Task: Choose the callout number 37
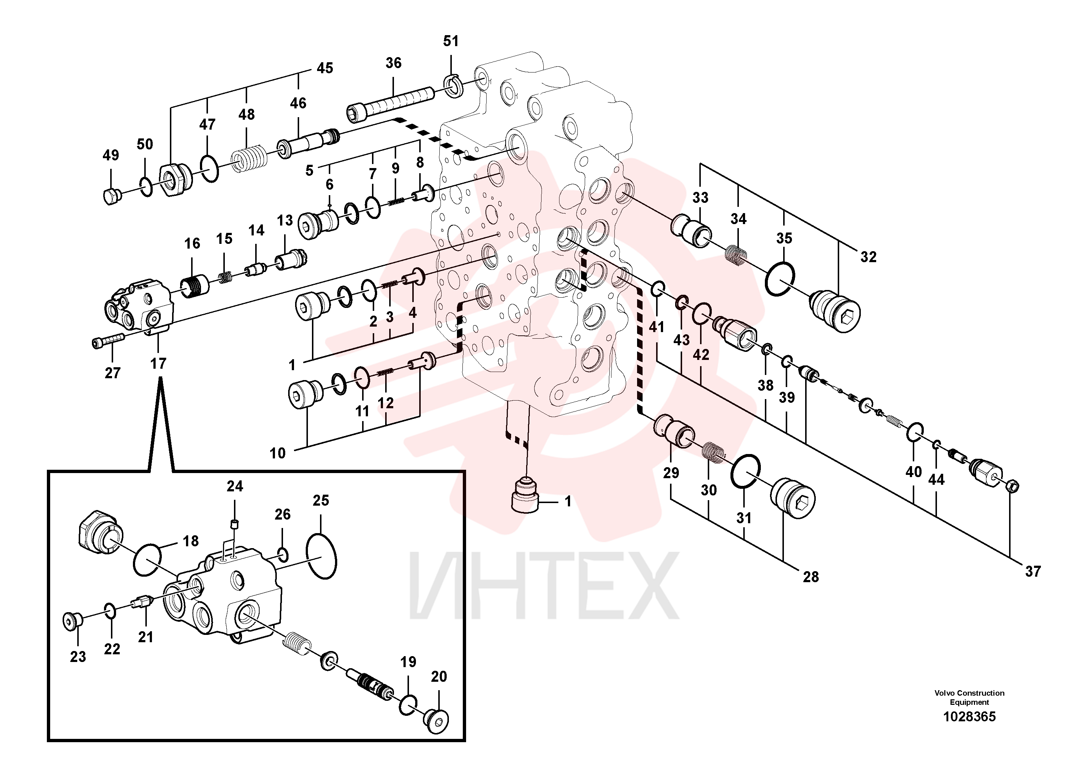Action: click(1033, 571)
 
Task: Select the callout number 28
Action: click(811, 577)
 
